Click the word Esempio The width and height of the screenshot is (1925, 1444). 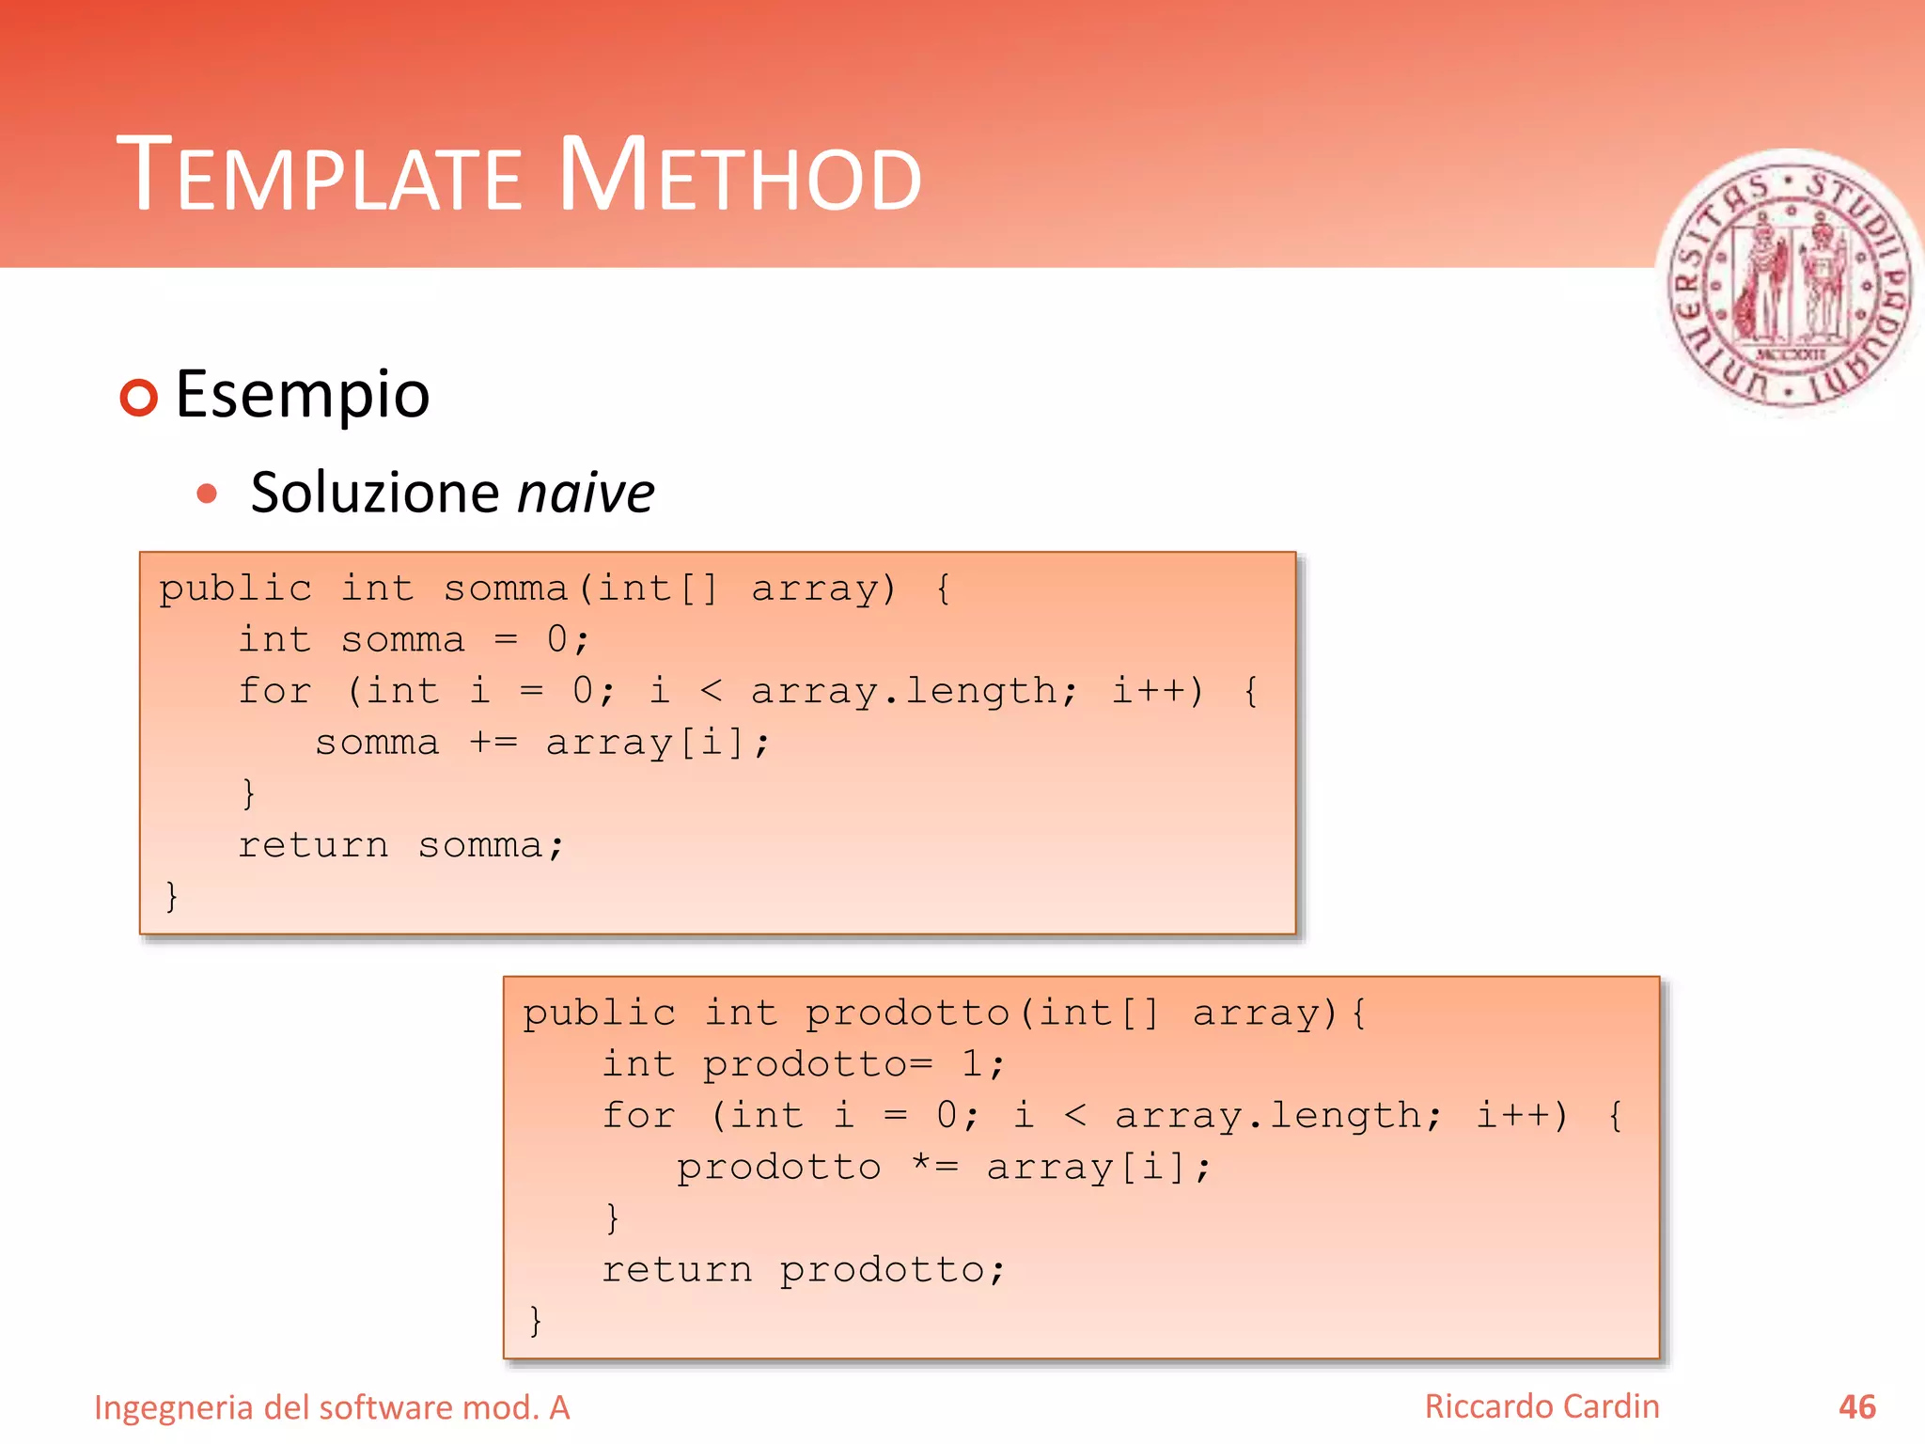[302, 394]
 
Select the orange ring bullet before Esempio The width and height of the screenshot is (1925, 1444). [139, 398]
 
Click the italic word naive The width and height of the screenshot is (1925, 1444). [586, 493]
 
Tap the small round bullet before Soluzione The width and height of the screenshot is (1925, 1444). [208, 494]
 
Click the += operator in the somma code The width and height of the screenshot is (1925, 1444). [493, 743]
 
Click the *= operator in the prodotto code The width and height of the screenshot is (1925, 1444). [935, 1167]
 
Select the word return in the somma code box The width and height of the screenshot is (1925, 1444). [313, 845]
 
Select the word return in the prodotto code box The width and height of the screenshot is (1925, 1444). [677, 1270]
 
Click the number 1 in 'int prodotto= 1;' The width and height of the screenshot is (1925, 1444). [972, 1064]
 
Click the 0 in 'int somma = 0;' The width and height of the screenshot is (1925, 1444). [557, 639]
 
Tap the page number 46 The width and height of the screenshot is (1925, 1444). [1856, 1407]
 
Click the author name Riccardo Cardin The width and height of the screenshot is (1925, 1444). [1542, 1406]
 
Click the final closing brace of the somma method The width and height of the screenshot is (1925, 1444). [171, 896]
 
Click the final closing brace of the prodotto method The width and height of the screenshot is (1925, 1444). [535, 1321]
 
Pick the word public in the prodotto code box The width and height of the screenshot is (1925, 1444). [599, 1013]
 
